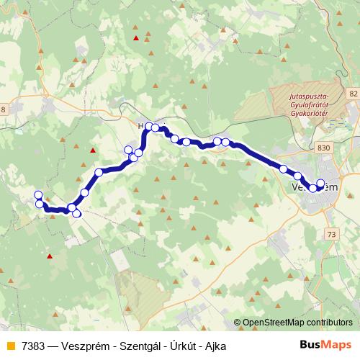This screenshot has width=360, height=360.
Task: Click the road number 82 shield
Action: coord(352,94)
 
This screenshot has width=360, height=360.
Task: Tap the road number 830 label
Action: coord(323,148)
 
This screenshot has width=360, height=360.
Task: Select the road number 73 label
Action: coord(331,235)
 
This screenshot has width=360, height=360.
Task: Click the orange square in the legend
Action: coord(10,346)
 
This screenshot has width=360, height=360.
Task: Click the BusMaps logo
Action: coord(325,346)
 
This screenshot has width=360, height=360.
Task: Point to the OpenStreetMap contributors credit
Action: coord(297,323)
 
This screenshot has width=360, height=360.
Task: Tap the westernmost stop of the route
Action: coord(38,195)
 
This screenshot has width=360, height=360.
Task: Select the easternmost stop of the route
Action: coord(320,183)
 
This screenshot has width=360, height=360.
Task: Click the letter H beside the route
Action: coord(141,125)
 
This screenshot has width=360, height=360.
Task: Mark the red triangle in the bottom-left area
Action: coord(50,256)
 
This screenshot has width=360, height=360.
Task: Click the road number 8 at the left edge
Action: coord(3,109)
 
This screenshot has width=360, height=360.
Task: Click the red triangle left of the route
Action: coord(92,150)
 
